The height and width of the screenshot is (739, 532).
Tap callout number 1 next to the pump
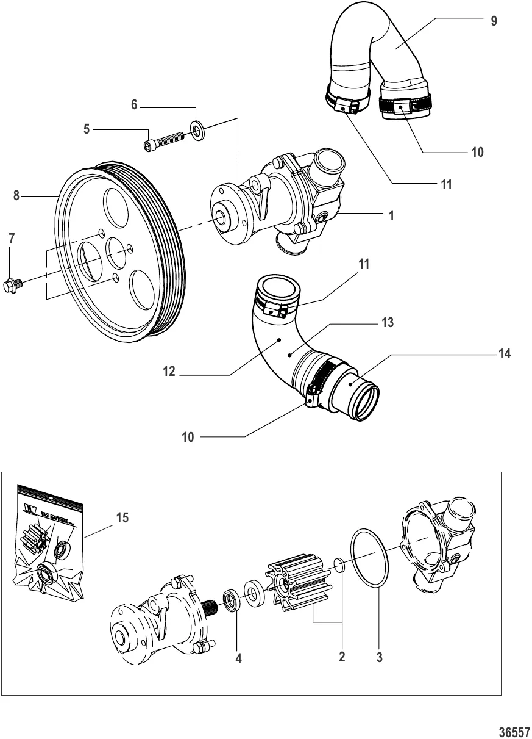pos(392,215)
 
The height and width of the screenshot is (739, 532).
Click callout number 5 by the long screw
pos(87,129)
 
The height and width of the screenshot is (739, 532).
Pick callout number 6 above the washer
pos(135,105)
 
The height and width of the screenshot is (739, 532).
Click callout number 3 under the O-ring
pos(379,658)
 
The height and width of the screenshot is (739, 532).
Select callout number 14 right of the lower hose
pos(503,353)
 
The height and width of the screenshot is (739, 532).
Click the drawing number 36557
pos(516,730)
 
